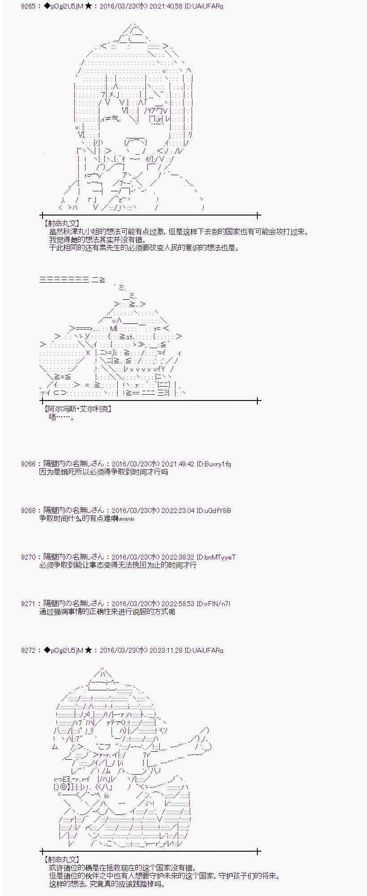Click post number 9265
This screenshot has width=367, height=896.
(28, 6)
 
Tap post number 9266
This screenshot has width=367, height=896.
(28, 464)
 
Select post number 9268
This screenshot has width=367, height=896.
(28, 510)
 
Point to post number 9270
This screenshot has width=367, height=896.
(28, 557)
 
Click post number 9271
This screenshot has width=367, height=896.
(28, 603)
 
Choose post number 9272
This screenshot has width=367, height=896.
(28, 650)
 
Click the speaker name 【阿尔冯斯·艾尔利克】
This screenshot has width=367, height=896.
(77, 409)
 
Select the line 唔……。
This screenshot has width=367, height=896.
(62, 417)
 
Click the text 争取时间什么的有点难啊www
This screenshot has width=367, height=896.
(86, 518)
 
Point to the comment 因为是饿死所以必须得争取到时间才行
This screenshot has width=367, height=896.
(103, 472)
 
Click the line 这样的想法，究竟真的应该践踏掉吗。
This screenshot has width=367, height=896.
(107, 884)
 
